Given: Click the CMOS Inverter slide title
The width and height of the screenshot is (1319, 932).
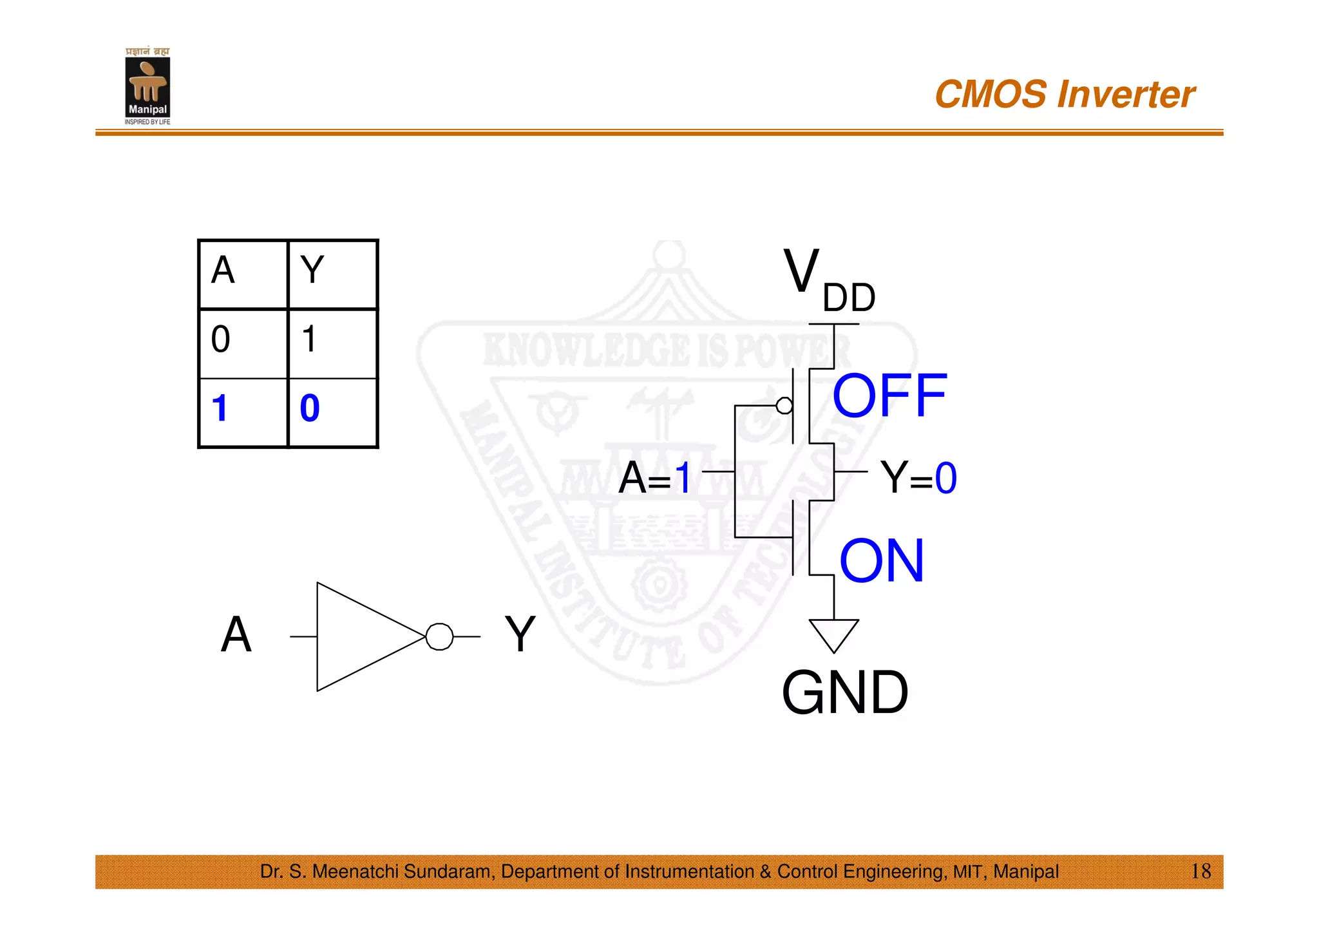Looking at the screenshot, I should coord(1064,95).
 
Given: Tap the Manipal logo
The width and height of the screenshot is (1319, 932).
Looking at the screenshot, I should coord(147,87).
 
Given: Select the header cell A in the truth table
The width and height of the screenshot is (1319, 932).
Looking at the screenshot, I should coord(223,271).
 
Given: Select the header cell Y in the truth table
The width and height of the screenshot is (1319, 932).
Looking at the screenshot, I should coord(312,271).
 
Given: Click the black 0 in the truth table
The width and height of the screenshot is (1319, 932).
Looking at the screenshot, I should coord(220,339).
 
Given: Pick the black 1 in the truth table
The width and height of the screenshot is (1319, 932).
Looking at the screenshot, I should coord(310,339).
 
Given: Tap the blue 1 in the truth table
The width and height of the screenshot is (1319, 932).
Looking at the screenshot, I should coord(220,408).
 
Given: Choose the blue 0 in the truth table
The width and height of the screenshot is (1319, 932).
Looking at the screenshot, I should coord(310,408).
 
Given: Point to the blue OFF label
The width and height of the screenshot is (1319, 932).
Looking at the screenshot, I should coord(889,395).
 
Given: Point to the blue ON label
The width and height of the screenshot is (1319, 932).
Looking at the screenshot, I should coord(882,561).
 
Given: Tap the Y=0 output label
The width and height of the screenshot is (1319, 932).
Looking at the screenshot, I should coord(918,478).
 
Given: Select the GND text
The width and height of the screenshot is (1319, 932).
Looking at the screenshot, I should coord(845,693).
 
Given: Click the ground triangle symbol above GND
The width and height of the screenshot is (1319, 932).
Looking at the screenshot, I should coord(834,634).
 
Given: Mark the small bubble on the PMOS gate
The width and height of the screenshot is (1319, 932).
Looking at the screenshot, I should coord(784,406).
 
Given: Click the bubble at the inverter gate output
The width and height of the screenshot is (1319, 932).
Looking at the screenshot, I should coord(440,637).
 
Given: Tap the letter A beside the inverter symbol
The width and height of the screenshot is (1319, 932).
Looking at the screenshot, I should coord(236,634).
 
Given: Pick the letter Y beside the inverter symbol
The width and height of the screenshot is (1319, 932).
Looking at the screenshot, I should coord(520,634).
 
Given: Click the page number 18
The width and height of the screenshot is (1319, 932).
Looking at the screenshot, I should coord(1200,871).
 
